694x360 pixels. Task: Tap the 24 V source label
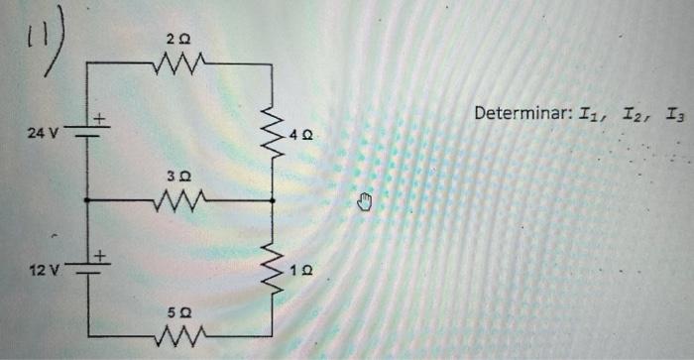tap(43, 130)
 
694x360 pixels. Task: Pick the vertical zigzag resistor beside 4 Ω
tap(272, 132)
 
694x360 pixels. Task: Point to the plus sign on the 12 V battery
tap(100, 258)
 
